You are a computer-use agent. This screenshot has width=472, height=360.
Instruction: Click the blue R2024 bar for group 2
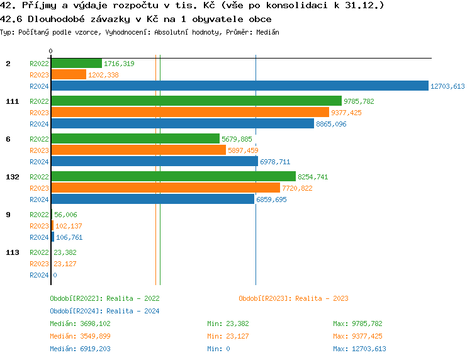[239, 86]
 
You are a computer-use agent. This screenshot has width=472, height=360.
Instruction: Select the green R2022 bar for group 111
[196, 101]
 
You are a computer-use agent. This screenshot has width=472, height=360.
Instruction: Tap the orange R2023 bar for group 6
[138, 150]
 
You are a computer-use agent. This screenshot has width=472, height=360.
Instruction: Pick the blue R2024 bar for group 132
[152, 200]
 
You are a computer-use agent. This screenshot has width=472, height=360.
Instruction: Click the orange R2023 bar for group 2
[69, 75]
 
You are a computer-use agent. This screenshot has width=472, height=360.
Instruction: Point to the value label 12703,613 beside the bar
[447, 86]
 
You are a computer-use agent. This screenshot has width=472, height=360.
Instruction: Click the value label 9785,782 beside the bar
[359, 101]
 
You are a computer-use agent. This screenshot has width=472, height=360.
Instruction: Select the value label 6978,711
[275, 162]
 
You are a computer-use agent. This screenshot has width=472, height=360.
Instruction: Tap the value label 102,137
[69, 226]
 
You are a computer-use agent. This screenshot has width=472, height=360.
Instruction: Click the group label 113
[12, 252]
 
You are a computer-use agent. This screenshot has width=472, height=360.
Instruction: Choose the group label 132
[12, 177]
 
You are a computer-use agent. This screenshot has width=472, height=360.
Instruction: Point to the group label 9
[8, 215]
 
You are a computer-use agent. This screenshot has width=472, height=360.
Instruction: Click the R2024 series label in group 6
[39, 162]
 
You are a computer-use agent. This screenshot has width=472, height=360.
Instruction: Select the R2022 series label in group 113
[39, 252]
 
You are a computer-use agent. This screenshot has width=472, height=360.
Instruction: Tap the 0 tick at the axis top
[51, 51]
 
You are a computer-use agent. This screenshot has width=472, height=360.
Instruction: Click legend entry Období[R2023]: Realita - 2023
[293, 298]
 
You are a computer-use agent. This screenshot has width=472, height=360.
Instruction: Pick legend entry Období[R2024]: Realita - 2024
[104, 311]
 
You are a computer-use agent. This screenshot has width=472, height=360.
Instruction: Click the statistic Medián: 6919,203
[80, 349]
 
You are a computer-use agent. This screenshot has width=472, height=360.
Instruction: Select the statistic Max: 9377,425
[357, 336]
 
